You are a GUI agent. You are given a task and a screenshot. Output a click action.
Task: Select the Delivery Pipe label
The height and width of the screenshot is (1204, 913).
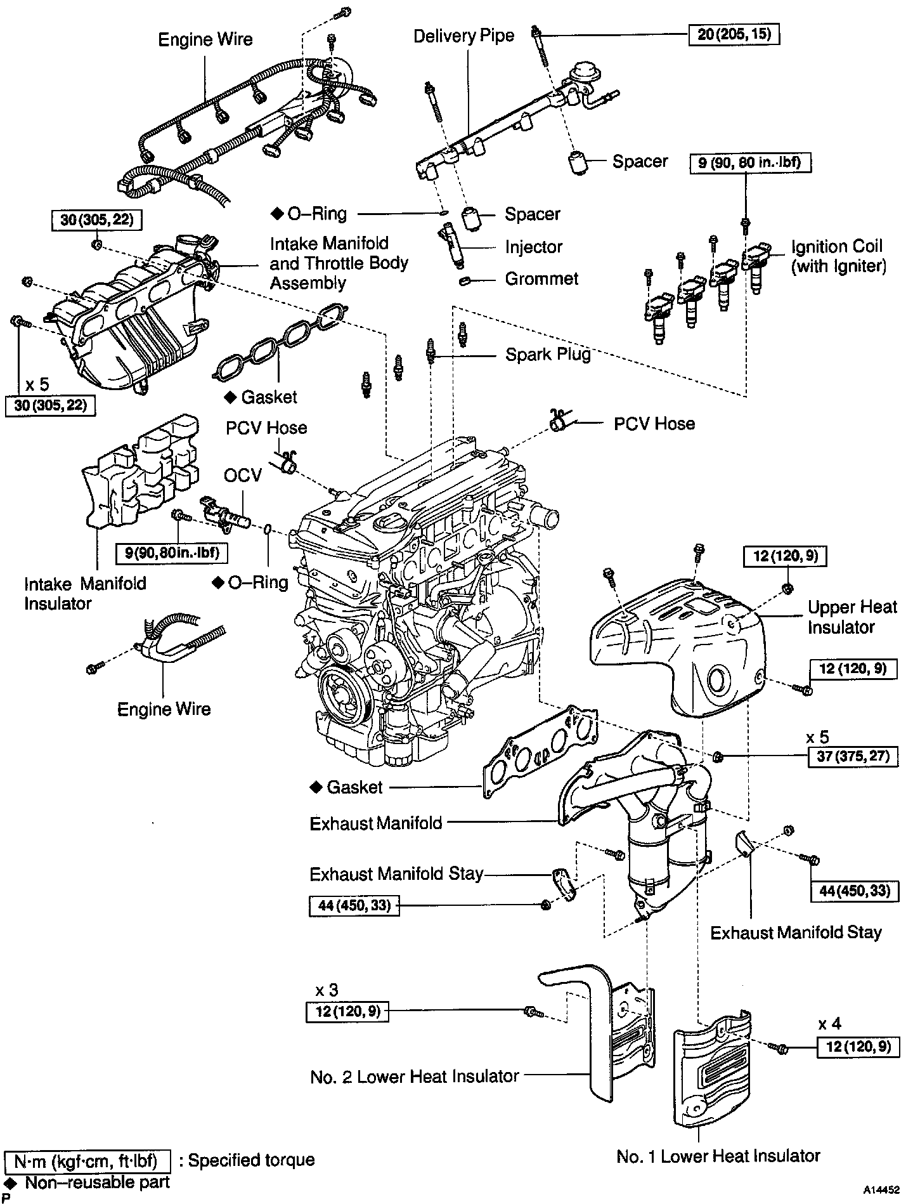click(x=463, y=36)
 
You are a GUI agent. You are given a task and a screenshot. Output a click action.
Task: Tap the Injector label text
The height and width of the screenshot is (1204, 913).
click(x=533, y=247)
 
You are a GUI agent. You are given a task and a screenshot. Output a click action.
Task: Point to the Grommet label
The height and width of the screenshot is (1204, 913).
click(x=541, y=278)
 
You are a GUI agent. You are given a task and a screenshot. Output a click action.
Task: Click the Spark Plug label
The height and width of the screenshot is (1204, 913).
click(x=548, y=354)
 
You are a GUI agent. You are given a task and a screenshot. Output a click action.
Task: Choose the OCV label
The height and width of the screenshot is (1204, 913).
click(x=243, y=475)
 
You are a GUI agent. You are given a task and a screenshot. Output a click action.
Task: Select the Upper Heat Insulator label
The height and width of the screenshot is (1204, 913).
click(x=851, y=617)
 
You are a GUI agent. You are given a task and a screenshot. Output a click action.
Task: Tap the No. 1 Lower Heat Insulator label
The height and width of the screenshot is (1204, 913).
click(x=718, y=1156)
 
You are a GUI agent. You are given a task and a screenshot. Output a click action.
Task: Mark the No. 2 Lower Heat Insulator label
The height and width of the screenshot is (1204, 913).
click(x=415, y=1076)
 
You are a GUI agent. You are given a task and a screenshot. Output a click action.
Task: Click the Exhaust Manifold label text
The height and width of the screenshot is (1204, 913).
click(x=376, y=823)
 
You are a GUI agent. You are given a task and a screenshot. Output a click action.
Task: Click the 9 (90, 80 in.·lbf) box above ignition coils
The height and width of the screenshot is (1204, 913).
click(x=750, y=163)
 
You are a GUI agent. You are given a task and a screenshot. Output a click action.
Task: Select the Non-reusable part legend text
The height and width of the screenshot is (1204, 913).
click(x=97, y=1182)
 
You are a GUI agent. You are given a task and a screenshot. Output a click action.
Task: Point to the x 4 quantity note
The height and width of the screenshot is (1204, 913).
click(x=829, y=1024)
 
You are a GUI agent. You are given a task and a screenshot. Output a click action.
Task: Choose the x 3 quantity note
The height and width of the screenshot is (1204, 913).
click(x=328, y=990)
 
